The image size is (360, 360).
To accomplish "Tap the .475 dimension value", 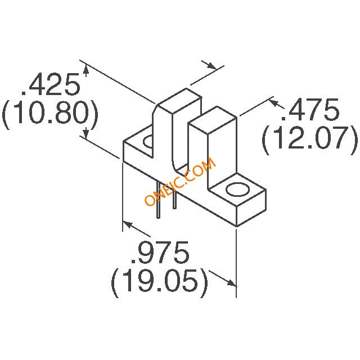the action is pyautogui.click(x=310, y=110).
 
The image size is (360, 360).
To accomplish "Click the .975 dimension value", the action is pyautogui.click(x=160, y=253).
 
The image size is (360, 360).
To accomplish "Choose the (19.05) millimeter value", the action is pyautogui.click(x=160, y=283).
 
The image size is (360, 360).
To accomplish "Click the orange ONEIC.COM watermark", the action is pyautogui.click(x=181, y=181).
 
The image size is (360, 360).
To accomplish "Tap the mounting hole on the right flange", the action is pyautogui.click(x=237, y=190).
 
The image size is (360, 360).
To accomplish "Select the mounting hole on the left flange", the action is pyautogui.click(x=147, y=142).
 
